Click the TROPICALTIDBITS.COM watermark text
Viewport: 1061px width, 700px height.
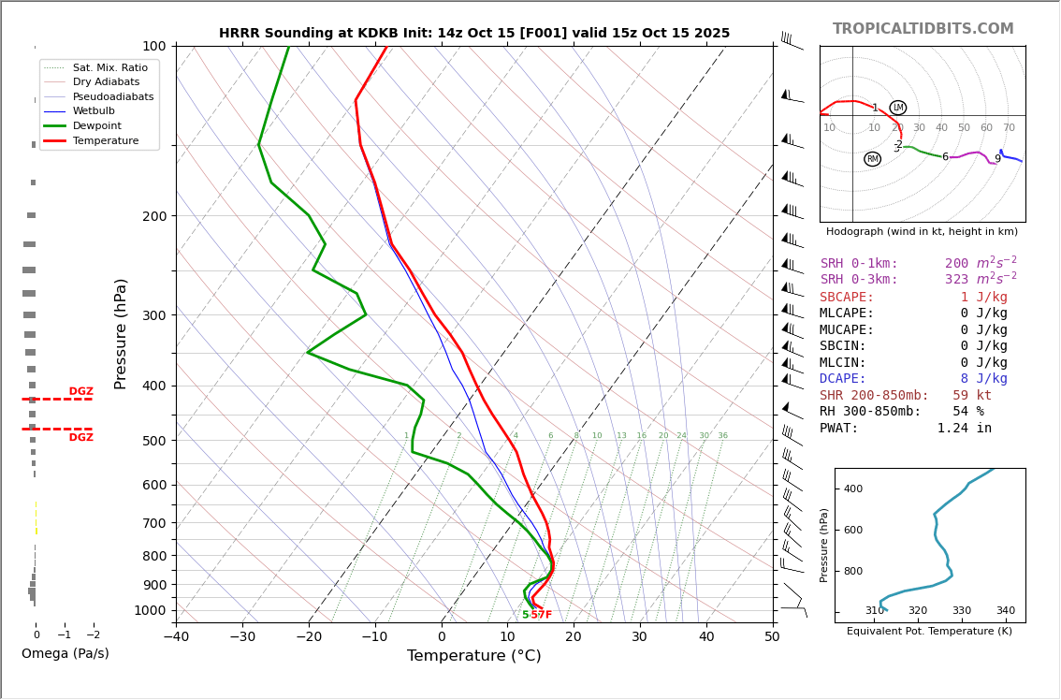[x=923, y=29]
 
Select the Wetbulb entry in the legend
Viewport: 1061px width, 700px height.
[x=94, y=111]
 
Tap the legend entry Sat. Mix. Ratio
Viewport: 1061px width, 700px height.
[x=109, y=68]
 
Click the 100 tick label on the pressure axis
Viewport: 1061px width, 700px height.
[x=153, y=46]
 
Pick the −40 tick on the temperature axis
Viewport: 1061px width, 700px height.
[x=176, y=636]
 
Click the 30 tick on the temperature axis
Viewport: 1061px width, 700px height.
[x=640, y=636]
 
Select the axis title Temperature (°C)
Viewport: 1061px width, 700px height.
[x=473, y=656]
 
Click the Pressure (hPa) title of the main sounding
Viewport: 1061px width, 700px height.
[x=122, y=333]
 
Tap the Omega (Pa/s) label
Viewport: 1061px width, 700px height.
[x=65, y=654]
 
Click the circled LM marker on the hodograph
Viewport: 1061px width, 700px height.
[x=898, y=108]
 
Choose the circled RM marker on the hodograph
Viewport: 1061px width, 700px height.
[x=873, y=159]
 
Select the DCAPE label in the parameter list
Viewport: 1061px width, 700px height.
[x=843, y=379]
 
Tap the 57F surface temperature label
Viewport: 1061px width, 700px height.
[x=541, y=615]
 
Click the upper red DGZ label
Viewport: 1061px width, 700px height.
[x=80, y=392]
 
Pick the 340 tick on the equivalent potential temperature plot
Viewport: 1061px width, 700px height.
[x=1005, y=611]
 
